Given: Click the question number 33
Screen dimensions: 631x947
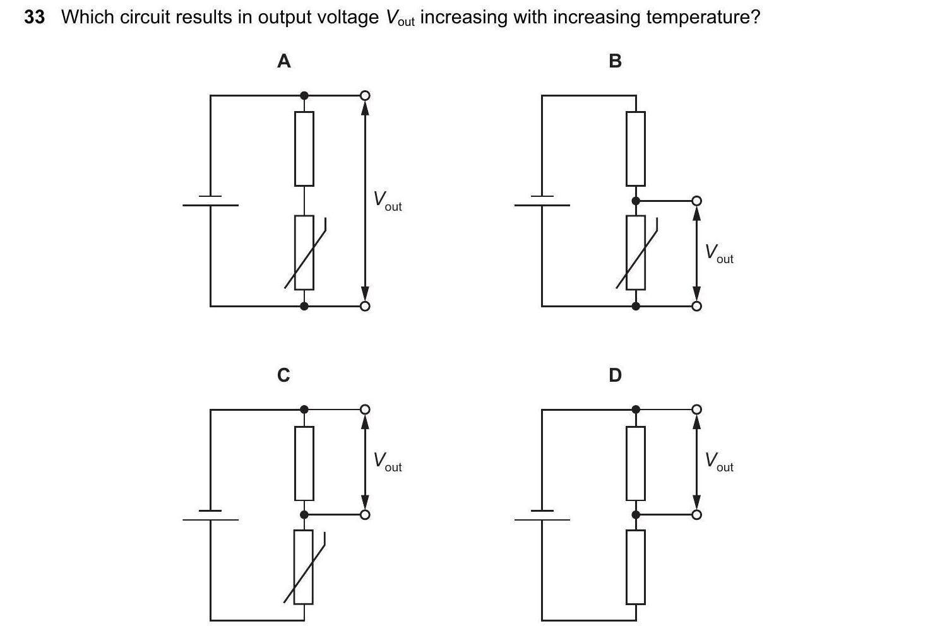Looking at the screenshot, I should [35, 17].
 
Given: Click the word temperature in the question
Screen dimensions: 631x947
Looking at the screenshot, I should [701, 17].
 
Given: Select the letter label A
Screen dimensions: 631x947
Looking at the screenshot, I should [284, 61].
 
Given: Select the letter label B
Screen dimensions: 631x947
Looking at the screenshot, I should [615, 61].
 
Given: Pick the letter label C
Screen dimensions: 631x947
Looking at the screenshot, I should [284, 375].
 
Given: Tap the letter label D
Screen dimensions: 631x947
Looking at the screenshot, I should [615, 375].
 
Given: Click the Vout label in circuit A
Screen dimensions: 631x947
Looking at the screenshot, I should [387, 201].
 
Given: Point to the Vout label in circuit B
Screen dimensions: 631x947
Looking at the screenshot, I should [719, 254].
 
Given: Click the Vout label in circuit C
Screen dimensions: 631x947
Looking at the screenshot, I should [387, 462].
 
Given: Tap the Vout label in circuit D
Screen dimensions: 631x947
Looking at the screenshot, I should [719, 462].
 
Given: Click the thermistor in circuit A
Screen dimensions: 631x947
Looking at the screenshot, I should [304, 252].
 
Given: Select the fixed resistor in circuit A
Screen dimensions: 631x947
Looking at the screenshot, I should [304, 149].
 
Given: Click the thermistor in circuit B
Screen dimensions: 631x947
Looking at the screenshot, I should [636, 252].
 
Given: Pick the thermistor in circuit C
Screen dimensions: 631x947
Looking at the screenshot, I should [304, 567].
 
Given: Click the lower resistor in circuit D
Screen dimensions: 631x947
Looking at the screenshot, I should [636, 567].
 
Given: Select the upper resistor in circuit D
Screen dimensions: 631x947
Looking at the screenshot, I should [636, 463].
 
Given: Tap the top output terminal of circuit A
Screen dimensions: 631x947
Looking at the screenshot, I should [364, 95].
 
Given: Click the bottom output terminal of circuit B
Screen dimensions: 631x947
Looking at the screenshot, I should [696, 306].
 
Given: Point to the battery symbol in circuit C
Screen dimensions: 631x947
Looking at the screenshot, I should [211, 515].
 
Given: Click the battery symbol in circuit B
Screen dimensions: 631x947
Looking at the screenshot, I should [542, 201].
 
